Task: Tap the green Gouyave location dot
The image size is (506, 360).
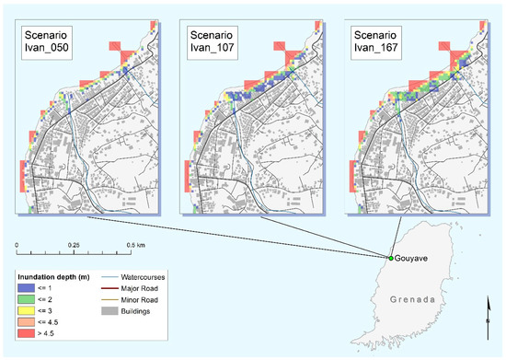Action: pyautogui.click(x=390, y=258)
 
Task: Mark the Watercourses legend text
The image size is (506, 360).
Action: pyautogui.click(x=154, y=277)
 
